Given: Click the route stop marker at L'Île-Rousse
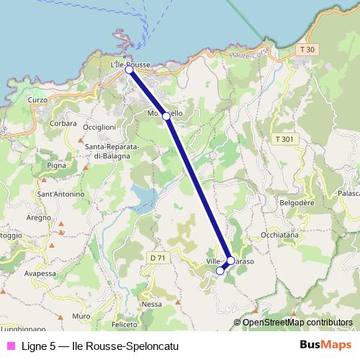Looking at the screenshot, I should point(129,70).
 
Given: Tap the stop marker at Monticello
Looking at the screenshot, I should point(166,116).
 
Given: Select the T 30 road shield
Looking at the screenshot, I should point(306,49).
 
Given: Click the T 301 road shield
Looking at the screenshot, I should point(284,138).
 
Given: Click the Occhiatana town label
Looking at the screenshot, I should point(279,235).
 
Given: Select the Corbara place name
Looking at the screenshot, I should point(63,123).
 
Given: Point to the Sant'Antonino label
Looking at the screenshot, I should point(60,194).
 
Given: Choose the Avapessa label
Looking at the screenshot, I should point(40,274).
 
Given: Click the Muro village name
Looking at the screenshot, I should point(81,316).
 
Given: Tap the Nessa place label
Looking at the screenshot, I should point(152,304).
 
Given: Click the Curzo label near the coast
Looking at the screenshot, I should point(37,99).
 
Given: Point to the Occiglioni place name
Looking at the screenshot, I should point(99,127).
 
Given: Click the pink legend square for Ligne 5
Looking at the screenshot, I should point(11,346).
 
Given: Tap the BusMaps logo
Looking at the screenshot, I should point(326,346).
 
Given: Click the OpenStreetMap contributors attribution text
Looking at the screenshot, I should point(297,323).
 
